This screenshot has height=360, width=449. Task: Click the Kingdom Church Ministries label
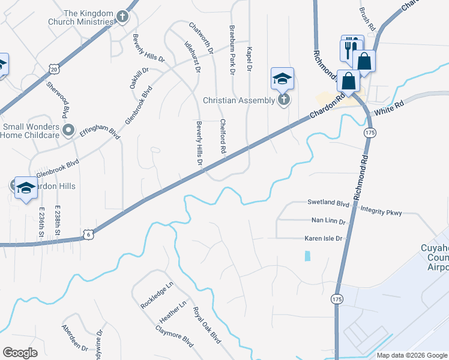pyautogui.click(x=88, y=17)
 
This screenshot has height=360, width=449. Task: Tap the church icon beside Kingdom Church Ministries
pyautogui.click(x=122, y=17)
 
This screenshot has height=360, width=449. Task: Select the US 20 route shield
pyautogui.click(x=54, y=70)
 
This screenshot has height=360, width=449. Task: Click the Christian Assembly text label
pyautogui.click(x=238, y=101)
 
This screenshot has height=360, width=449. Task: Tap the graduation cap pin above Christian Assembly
pyautogui.click(x=282, y=79)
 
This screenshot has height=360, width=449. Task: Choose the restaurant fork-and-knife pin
pyautogui.click(x=352, y=49)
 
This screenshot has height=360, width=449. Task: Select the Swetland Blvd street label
pyautogui.click(x=328, y=203)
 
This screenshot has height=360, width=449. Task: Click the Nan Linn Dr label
pyautogui.click(x=328, y=221)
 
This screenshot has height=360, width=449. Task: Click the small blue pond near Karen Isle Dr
pyautogui.click(x=308, y=256)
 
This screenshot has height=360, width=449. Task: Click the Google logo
pyautogui.click(x=20, y=353)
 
